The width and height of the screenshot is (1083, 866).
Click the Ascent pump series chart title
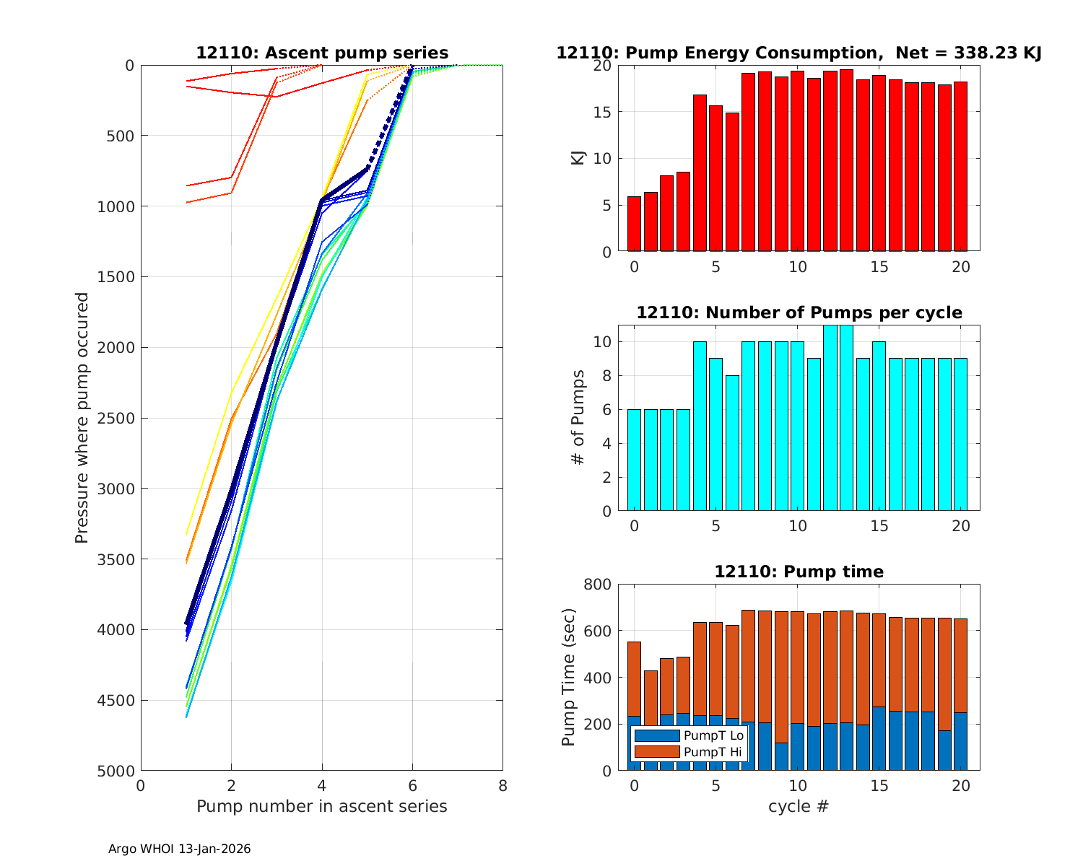[x=322, y=53]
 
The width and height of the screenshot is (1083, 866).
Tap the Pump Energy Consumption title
[x=799, y=53]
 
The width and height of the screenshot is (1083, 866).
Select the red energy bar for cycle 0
[x=634, y=224]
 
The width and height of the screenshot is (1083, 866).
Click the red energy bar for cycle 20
[x=960, y=167]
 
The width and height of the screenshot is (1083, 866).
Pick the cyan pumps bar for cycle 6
[x=732, y=443]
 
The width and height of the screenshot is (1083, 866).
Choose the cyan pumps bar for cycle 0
[x=634, y=460]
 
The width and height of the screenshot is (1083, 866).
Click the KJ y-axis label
[x=578, y=158]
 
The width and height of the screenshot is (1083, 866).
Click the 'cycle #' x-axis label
[x=799, y=807]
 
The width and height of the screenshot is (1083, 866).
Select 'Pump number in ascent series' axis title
[x=322, y=807]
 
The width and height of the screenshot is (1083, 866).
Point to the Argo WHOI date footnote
[x=180, y=849]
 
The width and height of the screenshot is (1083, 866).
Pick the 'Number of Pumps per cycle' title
[x=799, y=313]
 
